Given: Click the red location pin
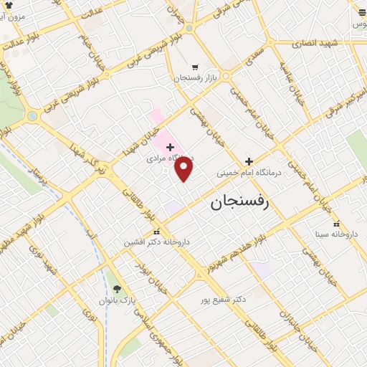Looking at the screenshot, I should click(x=184, y=169).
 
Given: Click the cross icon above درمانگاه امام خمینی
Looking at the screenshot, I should click(x=249, y=162).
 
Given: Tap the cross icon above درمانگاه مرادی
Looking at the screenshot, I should click(x=170, y=147).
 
